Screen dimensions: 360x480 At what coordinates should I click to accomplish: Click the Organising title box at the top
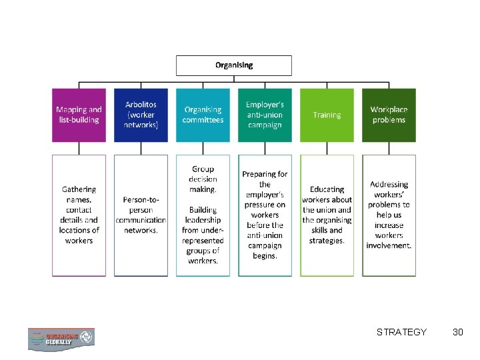pyautogui.click(x=233, y=65)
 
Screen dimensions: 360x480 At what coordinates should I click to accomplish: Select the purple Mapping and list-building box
pyautogui.click(x=79, y=115)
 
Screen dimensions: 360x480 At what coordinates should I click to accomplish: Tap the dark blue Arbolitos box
pyautogui.click(x=141, y=115)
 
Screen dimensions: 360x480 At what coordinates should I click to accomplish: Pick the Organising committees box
pyautogui.click(x=203, y=115)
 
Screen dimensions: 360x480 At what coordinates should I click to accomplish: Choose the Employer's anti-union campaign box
pyautogui.click(x=265, y=115)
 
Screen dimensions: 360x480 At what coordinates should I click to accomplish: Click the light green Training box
pyautogui.click(x=327, y=115)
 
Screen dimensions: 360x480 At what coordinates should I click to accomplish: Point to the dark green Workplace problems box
pyautogui.click(x=389, y=115)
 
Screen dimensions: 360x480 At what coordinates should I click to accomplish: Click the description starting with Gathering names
pyautogui.click(x=79, y=215)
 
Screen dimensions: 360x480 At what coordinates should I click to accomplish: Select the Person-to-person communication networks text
pyautogui.click(x=141, y=215)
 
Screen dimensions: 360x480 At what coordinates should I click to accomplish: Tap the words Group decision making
pyautogui.click(x=203, y=179)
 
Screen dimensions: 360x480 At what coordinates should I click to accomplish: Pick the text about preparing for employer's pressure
pyautogui.click(x=265, y=215)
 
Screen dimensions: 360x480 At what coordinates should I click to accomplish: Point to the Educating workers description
pyautogui.click(x=327, y=215)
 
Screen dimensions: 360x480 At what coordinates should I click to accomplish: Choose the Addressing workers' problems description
pyautogui.click(x=389, y=215)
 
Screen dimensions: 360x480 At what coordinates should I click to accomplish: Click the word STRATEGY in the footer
pyautogui.click(x=401, y=332)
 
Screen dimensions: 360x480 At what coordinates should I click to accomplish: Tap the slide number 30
pyautogui.click(x=457, y=332)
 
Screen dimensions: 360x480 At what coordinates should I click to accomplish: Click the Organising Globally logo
pyautogui.click(x=61, y=339)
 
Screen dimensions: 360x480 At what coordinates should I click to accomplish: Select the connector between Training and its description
pyautogui.click(x=327, y=148)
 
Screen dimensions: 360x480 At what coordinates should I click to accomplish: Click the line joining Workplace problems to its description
pyautogui.click(x=389, y=148)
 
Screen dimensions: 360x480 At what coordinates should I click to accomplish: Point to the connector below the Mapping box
pyautogui.click(x=79, y=148)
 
